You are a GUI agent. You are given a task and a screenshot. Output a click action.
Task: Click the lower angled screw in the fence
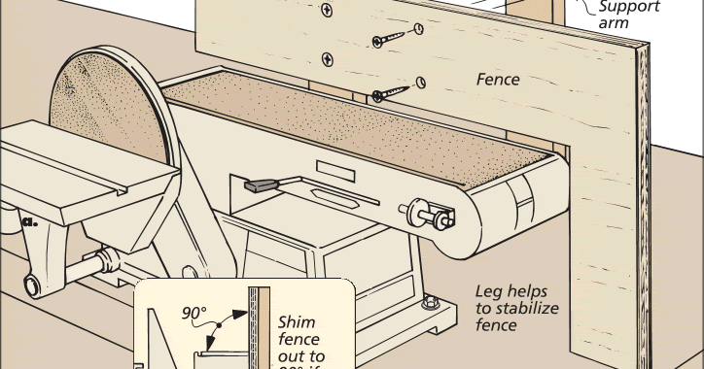pos(391,92)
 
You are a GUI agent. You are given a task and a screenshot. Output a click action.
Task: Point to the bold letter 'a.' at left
pos(30,222)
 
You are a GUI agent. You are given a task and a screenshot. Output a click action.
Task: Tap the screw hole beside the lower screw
pos(422,82)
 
